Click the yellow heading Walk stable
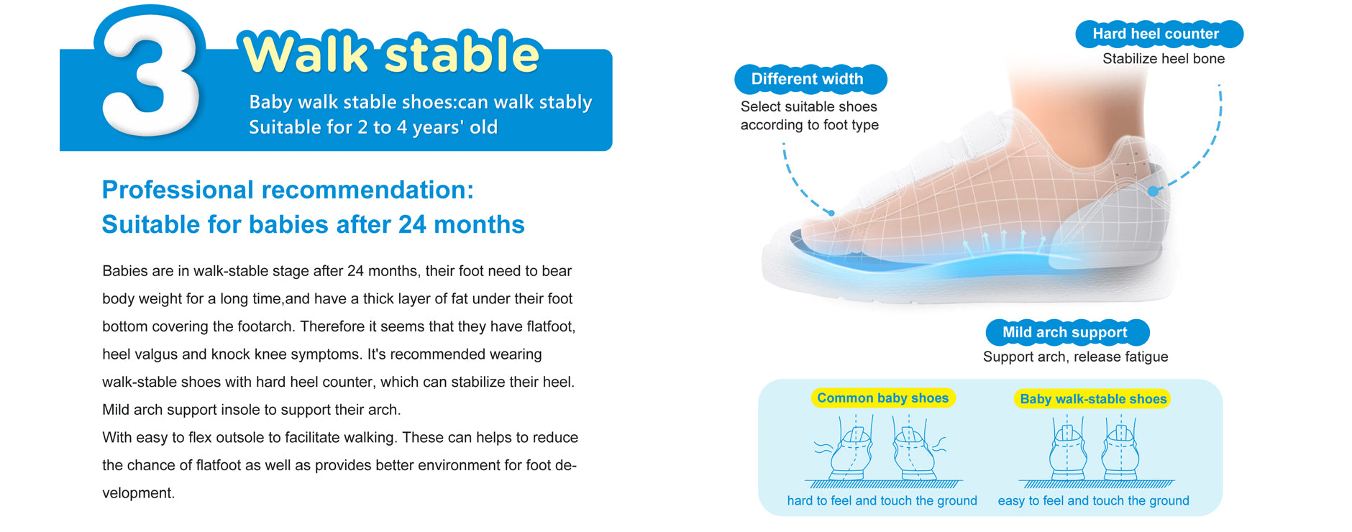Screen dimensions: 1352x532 click(391, 53)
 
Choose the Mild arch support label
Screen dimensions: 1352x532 click(1066, 332)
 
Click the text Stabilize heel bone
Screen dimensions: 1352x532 click(1164, 59)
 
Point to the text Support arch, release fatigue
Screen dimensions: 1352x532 click(1075, 357)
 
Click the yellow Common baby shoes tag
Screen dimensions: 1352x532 click(883, 398)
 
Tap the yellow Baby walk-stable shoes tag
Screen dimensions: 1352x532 click(1092, 399)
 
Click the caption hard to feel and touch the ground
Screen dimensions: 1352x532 click(882, 500)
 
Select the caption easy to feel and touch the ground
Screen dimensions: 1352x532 click(1093, 500)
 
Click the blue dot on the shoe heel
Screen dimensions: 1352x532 click(1153, 191)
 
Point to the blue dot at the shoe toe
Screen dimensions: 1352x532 click(831, 213)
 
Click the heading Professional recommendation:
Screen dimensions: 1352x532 click(288, 190)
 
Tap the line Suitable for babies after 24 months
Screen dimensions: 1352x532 click(313, 224)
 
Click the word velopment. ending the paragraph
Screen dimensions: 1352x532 click(138, 493)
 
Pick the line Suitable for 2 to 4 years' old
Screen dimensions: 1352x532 click(373, 127)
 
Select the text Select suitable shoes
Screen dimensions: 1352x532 click(809, 106)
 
